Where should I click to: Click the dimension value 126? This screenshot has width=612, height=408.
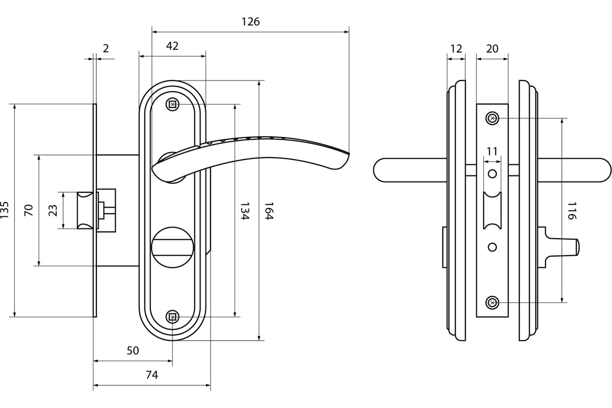point(250,22)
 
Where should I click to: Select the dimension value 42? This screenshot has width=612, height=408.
point(172,46)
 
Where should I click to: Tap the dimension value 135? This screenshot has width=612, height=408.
point(5,210)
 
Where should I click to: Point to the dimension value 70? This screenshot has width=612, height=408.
point(29,210)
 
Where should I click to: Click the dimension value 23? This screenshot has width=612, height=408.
point(53,210)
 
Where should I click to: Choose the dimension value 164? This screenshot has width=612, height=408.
point(269,211)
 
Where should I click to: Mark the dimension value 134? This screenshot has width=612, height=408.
point(244,211)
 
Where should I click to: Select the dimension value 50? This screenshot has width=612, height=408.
point(133,351)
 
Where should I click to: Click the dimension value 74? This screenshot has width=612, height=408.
point(152,375)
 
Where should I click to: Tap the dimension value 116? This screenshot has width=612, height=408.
point(571,211)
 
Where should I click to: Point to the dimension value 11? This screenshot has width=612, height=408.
point(492,151)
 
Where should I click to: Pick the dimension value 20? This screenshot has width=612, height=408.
point(492,49)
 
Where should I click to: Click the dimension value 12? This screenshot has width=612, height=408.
point(456,49)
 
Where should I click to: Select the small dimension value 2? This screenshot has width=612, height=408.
point(106,49)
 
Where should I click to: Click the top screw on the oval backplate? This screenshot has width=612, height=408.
point(172,105)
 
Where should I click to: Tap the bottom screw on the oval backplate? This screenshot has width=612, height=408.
point(172,317)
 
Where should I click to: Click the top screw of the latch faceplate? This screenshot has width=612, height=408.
point(492,119)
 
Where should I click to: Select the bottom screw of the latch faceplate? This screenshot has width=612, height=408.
point(492,303)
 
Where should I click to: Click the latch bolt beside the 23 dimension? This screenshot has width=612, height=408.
point(85,210)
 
